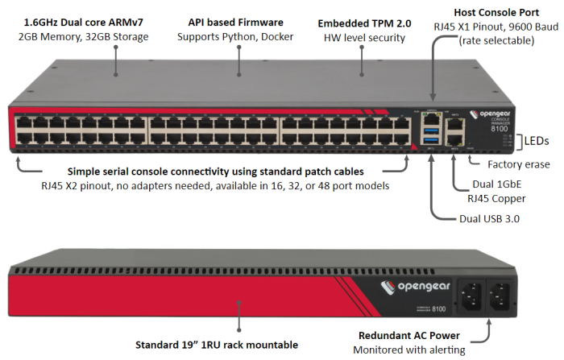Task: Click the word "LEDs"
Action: pyautogui.click(x=537, y=141)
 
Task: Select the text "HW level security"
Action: pyautogui.click(x=360, y=38)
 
